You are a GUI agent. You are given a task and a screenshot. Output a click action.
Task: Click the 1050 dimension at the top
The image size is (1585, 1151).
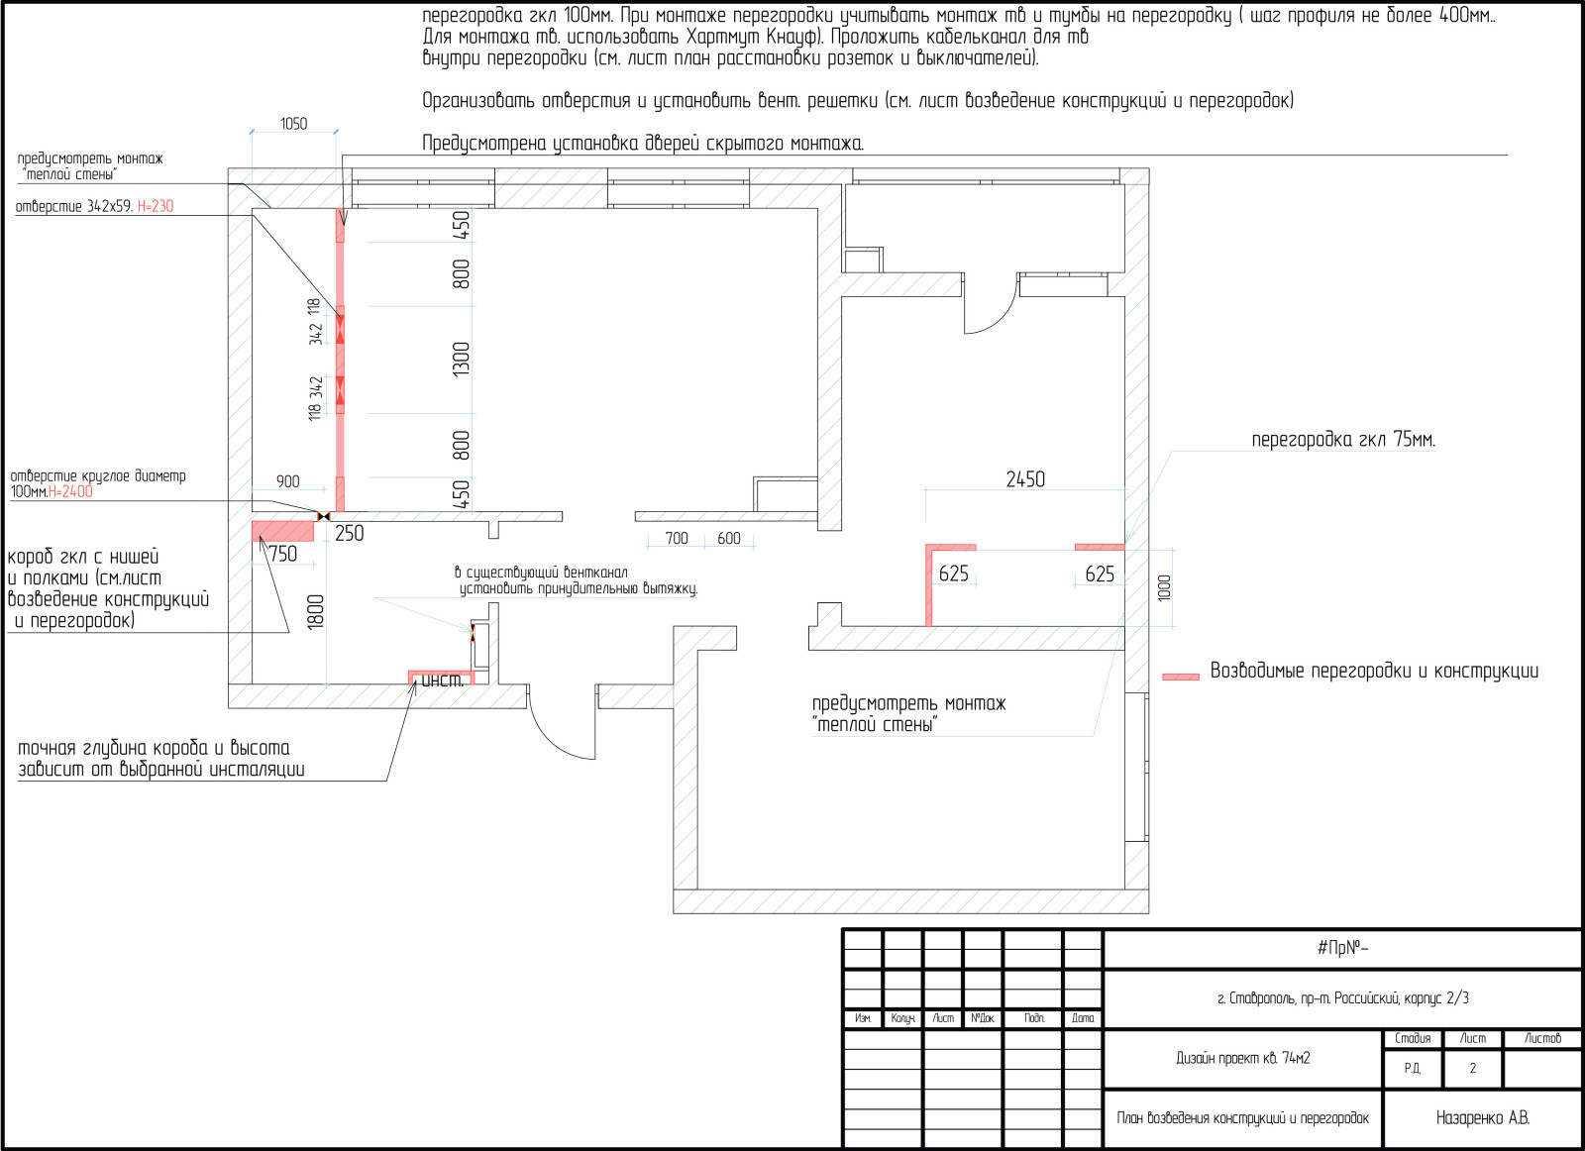pyautogui.click(x=293, y=124)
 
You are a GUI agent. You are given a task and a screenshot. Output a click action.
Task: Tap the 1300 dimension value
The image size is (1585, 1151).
pyautogui.click(x=462, y=360)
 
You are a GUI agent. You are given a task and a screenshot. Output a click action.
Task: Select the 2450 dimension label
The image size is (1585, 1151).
pyautogui.click(x=1025, y=479)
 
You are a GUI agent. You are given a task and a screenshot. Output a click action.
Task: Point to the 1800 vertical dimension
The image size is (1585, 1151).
pyautogui.click(x=316, y=612)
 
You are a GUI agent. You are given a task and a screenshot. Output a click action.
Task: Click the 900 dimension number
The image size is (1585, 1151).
pyautogui.click(x=288, y=481)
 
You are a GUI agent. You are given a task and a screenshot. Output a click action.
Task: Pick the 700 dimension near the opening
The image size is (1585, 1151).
pyautogui.click(x=677, y=539)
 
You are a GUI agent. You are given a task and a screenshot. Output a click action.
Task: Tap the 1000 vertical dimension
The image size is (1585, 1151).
pyautogui.click(x=1164, y=587)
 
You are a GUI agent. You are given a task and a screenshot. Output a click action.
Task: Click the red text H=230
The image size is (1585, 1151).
pyautogui.click(x=156, y=207)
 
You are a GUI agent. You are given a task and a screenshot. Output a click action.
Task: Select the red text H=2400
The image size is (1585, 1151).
pyautogui.click(x=70, y=491)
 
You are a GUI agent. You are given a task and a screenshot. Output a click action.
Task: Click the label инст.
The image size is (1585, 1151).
pyautogui.click(x=443, y=680)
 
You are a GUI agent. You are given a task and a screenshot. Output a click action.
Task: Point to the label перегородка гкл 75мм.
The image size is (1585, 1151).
pyautogui.click(x=1343, y=440)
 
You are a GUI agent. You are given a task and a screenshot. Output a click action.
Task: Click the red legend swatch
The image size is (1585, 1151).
pyautogui.click(x=1181, y=677)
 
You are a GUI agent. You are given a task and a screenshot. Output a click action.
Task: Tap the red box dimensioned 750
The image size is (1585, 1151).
pyautogui.click(x=283, y=531)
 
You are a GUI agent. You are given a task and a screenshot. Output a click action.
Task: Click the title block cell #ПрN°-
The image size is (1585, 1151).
pyautogui.click(x=1343, y=948)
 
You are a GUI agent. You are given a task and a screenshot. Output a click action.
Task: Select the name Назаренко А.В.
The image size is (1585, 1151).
pyautogui.click(x=1483, y=1117)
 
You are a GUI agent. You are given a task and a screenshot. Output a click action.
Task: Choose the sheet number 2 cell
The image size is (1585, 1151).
pyautogui.click(x=1472, y=1068)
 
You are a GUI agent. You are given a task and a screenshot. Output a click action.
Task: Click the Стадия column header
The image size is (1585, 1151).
pyautogui.click(x=1413, y=1038)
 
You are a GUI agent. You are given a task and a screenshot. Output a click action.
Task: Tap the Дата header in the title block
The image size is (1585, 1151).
pyautogui.click(x=1083, y=1018)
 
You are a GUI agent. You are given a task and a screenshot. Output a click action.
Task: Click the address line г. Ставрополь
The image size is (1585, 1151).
pyautogui.click(x=1343, y=998)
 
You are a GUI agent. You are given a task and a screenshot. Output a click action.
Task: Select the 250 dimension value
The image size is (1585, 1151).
pyautogui.click(x=350, y=534)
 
